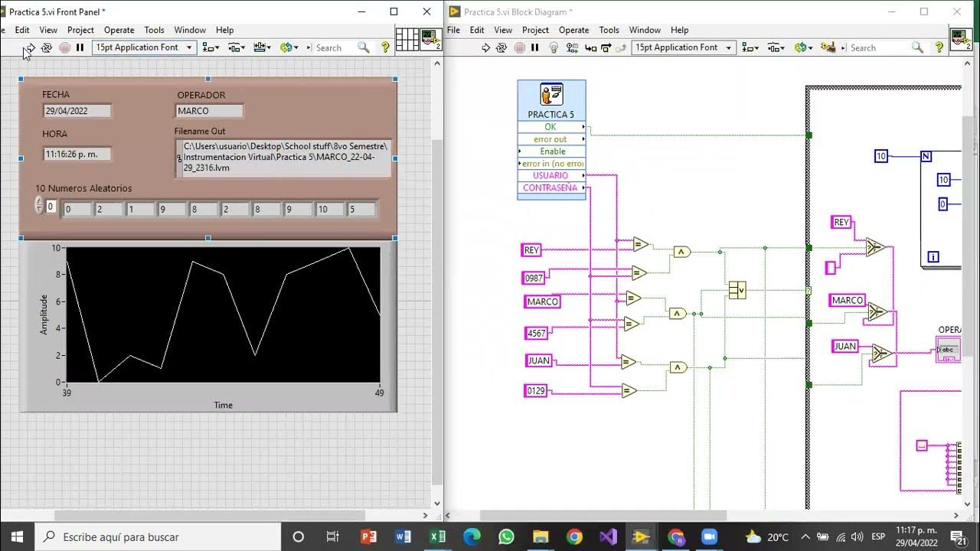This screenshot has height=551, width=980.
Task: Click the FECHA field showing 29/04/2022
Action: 77,111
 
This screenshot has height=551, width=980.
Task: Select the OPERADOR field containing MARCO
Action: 209,111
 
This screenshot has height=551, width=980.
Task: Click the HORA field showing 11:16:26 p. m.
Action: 77,154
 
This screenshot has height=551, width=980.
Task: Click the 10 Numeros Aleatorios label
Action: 83,188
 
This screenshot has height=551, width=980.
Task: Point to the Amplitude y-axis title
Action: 44,315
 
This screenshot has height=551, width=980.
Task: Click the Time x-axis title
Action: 223,406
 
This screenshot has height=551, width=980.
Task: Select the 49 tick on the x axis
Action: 380,393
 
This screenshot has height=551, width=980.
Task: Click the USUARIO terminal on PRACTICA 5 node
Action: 550,176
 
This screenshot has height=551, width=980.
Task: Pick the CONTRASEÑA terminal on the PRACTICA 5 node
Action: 550,188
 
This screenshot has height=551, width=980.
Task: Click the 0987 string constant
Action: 533,278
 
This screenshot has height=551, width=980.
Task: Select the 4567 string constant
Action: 536,333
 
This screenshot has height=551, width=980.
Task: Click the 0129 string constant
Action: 536,391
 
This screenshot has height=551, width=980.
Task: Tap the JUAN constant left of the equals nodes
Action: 539,360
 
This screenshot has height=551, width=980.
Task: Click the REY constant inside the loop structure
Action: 841,222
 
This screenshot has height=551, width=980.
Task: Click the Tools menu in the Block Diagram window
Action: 609,30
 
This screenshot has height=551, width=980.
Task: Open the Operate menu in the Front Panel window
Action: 119,30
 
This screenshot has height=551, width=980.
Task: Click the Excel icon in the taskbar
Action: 437,536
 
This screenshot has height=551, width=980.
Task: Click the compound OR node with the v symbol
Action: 737,290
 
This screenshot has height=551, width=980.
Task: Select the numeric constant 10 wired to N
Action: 881,156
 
